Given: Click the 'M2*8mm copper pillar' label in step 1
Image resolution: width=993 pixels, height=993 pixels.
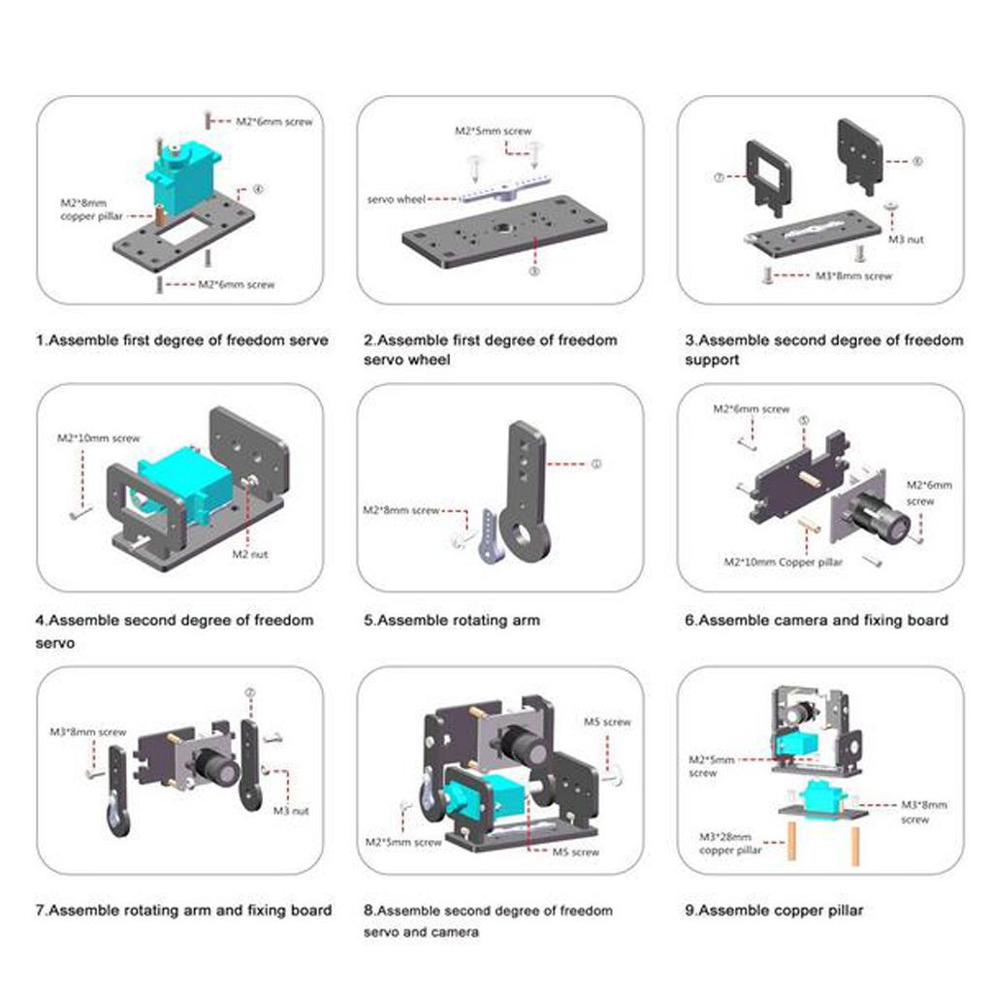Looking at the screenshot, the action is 92,209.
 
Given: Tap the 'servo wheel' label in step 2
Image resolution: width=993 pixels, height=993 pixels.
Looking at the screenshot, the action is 396,200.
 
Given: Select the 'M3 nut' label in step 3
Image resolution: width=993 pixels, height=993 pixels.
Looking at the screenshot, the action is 906,240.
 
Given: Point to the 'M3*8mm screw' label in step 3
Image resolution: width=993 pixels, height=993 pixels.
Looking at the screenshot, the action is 853,276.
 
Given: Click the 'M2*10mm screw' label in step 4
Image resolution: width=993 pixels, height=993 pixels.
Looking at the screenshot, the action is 98,438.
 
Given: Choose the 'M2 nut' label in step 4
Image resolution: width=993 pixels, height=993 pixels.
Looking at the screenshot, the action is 249,554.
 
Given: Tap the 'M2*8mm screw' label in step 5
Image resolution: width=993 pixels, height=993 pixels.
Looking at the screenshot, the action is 400,510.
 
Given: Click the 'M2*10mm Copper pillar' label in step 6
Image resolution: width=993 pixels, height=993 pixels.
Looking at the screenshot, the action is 784,562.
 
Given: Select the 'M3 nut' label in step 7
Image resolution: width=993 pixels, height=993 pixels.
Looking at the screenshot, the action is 291,811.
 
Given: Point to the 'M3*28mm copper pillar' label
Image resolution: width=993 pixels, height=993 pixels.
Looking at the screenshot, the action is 729,844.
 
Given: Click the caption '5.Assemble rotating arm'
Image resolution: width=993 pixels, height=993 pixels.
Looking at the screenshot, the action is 452,621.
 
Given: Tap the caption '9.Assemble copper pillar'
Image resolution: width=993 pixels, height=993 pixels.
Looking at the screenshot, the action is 774,911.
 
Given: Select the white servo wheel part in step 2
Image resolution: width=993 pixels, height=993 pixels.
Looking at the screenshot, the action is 504,188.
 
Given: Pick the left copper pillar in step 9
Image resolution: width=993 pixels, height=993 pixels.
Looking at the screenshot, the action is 791,841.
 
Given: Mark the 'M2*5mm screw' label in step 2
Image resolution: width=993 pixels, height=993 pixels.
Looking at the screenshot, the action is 494,131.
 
